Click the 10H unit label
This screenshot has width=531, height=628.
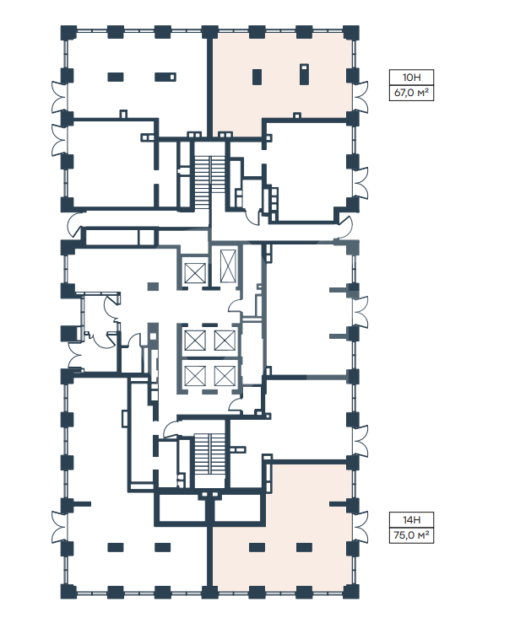point(411,77)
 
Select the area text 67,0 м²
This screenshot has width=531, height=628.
point(411,93)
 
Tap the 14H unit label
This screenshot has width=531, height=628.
point(411,519)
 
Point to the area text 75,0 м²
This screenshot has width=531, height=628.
point(411,535)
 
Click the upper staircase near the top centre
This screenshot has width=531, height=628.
point(209,174)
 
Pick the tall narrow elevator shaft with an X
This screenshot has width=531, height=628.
point(228,266)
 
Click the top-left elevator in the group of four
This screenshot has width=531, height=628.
point(195,340)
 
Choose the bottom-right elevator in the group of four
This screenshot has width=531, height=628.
point(225,376)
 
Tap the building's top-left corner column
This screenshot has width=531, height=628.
point(68,32)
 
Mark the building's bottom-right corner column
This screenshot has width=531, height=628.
point(351,592)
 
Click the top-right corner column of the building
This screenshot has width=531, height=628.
point(351,32)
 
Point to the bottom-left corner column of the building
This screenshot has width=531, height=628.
point(68,592)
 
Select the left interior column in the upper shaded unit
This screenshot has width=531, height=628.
point(257,77)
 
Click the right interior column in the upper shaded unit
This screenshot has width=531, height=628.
point(304,73)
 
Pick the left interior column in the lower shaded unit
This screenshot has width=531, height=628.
point(257,547)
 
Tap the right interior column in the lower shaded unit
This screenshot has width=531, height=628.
point(304,547)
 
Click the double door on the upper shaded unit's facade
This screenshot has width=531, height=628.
point(360,97)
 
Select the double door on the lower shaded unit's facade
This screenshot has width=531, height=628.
point(360,527)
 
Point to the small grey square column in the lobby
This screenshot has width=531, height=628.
point(153,287)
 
